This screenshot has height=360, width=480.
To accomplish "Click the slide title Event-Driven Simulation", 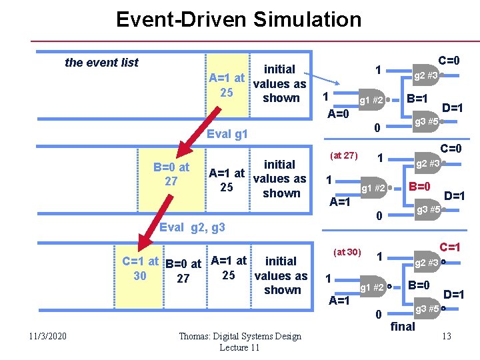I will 239,19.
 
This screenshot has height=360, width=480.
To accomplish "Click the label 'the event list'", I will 101,63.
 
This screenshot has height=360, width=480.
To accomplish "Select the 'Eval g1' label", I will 227,134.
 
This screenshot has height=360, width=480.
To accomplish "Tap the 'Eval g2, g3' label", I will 193,227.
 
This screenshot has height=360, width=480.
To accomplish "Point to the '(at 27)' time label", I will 344,155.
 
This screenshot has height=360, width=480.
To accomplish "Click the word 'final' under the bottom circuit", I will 403,326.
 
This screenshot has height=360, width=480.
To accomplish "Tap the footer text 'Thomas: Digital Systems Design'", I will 239,336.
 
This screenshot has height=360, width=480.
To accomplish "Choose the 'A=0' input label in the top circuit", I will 338,113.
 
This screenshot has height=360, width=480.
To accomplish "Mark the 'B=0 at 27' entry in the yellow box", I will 171,174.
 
